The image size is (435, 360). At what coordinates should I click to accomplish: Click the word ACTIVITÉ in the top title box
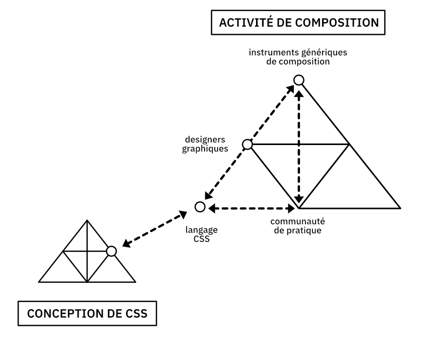[241, 23]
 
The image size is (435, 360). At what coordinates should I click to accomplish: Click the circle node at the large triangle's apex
[299, 80]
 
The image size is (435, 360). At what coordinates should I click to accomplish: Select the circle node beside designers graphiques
[247, 145]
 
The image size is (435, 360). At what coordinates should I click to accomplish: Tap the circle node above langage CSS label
[200, 206]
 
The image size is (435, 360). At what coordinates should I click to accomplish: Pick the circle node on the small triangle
[112, 251]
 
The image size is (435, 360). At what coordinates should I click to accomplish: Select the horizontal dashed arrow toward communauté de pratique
[252, 207]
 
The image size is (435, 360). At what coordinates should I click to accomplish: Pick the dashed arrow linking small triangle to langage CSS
[152, 231]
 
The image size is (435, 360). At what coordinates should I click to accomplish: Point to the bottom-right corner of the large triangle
[400, 207]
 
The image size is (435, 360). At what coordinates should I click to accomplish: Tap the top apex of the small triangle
[87, 220]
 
